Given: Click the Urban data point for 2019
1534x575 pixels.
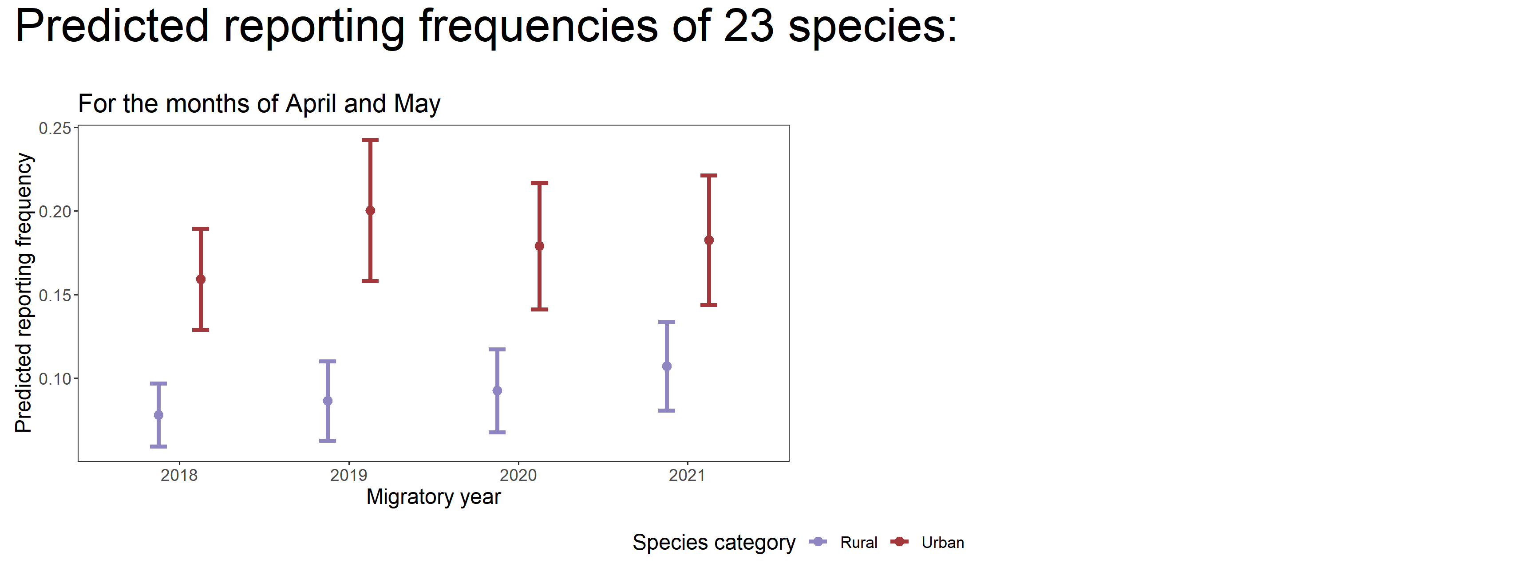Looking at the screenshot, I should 370,211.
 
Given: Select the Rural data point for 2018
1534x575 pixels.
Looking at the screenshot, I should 158,415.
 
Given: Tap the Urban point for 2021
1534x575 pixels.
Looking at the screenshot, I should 709,240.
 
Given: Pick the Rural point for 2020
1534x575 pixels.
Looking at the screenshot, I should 497,390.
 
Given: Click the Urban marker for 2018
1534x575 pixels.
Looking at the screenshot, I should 201,279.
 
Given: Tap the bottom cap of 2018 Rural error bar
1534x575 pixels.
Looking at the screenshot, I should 158,446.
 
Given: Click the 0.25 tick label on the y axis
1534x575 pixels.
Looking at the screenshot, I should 54,129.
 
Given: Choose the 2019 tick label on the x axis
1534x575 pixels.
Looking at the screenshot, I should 348,476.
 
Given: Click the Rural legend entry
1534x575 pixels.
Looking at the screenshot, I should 858,542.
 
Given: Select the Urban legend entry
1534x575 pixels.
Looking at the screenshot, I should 942,542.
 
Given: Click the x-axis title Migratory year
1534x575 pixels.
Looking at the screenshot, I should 434,497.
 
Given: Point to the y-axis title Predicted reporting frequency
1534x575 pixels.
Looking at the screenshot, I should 24,293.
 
